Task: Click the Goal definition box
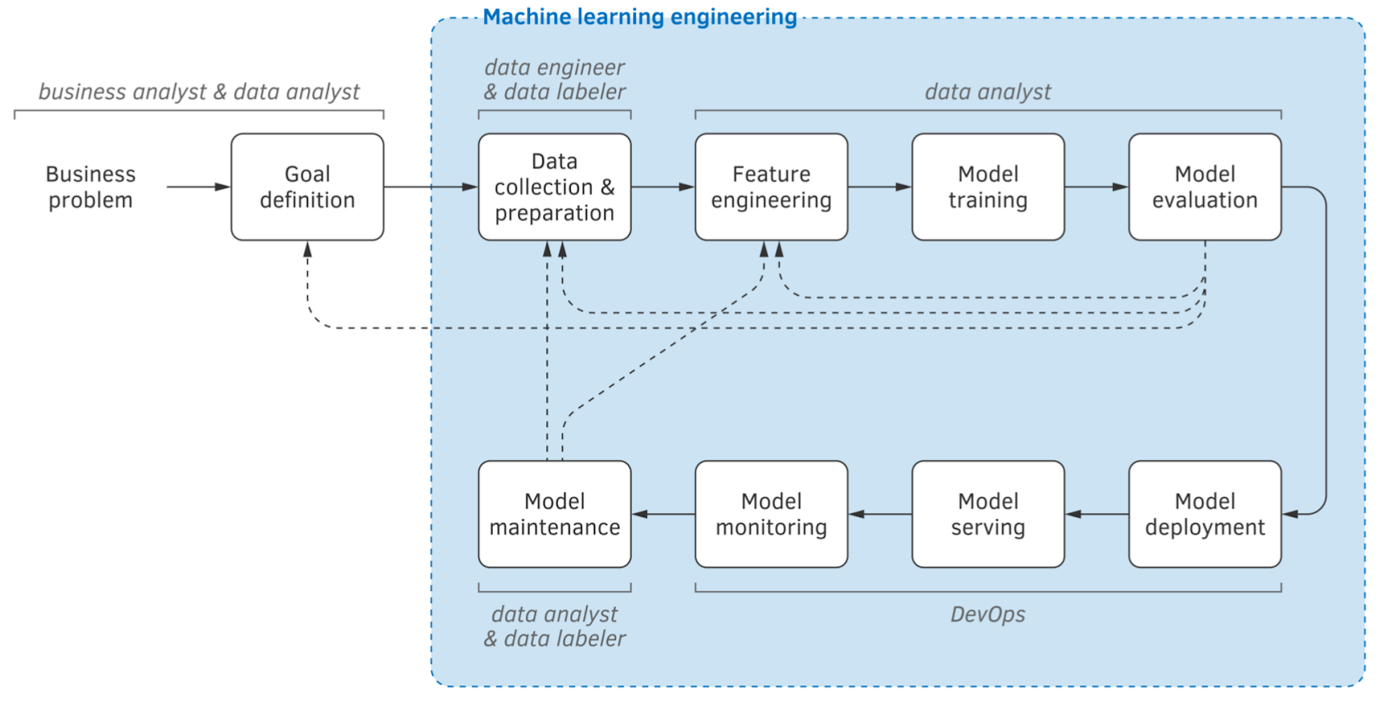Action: (x=307, y=187)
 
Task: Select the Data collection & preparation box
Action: (x=554, y=187)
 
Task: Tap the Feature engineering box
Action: (x=771, y=187)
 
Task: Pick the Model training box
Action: (x=988, y=187)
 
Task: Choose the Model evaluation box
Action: (x=1205, y=187)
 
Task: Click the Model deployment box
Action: (x=1205, y=514)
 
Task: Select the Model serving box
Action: (x=988, y=514)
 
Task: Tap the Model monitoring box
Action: (x=771, y=514)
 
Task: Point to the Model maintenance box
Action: (x=554, y=514)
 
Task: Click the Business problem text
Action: (x=90, y=187)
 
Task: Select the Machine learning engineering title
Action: (x=639, y=16)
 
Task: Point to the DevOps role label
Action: (x=987, y=614)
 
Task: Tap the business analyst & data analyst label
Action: (x=199, y=91)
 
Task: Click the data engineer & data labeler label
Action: (x=554, y=79)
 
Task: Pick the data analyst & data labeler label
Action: (x=554, y=627)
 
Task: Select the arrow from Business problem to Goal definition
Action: (x=198, y=187)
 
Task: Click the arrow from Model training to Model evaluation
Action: (x=1097, y=187)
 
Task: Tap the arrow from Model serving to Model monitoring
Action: (x=880, y=514)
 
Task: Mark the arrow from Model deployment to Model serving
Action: (x=1097, y=514)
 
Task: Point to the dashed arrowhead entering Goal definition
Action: (x=307, y=249)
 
